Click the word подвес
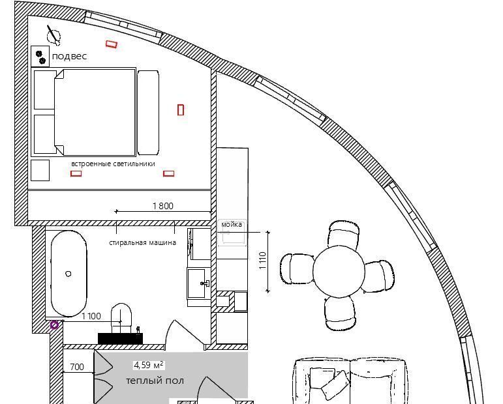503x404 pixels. [x=69, y=57]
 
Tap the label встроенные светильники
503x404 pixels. [x=113, y=164]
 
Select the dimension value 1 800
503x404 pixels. [x=163, y=206]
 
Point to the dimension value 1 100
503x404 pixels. [x=91, y=316]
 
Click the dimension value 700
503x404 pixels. [x=77, y=366]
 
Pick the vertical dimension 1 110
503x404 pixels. [x=263, y=261]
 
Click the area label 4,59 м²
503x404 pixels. [x=149, y=365]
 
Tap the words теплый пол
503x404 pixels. [x=155, y=381]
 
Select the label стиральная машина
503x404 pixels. [x=142, y=242]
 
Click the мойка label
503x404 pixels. [x=232, y=225]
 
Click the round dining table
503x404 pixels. [x=339, y=271]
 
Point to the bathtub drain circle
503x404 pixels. [x=69, y=274]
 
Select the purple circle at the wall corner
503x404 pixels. [x=55, y=325]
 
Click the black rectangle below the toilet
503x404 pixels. [x=120, y=339]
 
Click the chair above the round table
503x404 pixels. [x=344, y=234]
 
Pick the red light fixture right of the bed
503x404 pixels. [x=181, y=110]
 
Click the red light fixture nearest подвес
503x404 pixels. [x=112, y=44]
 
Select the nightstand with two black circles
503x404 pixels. [x=40, y=57]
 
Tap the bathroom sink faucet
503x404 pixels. [x=205, y=283]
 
